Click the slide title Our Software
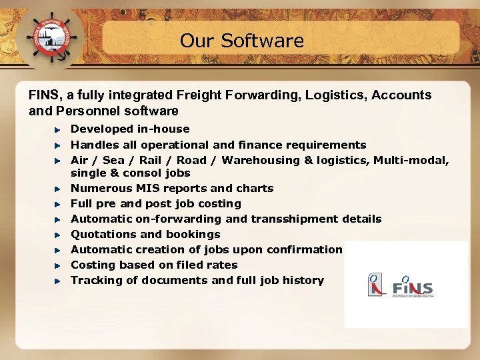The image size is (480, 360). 241,41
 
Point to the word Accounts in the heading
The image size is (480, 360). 403,95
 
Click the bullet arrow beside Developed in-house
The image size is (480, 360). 58,129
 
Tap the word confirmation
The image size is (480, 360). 304,249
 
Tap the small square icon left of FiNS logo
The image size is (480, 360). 376,285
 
